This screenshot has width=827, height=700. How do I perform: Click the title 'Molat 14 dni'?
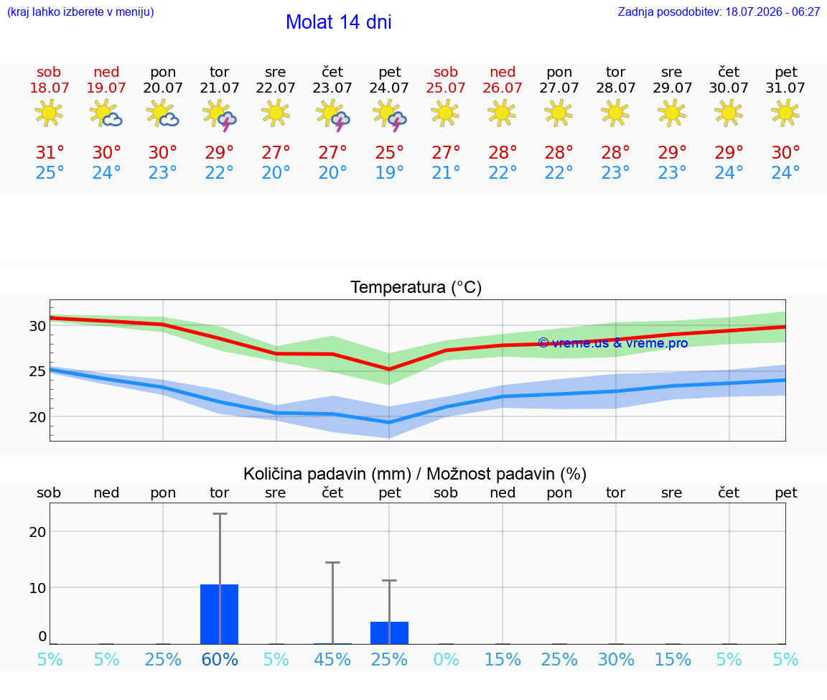[339, 22]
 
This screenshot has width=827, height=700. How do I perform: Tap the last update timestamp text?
[719, 11]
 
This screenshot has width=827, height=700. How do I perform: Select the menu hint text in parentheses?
[80, 11]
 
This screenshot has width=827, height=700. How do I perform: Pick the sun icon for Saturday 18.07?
[49, 113]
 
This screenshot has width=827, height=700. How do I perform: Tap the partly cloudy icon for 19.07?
[106, 113]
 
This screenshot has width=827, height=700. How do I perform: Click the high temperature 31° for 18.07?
[50, 152]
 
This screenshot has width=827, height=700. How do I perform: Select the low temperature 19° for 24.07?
[389, 172]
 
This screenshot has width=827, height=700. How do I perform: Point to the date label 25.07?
[446, 88]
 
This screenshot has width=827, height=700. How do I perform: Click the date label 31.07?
[785, 88]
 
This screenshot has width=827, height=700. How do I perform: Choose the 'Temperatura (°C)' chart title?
[416, 287]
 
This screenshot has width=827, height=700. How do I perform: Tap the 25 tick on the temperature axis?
[37, 371]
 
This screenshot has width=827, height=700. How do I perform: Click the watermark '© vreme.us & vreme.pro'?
[613, 343]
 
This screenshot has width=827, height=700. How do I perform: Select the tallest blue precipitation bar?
[220, 614]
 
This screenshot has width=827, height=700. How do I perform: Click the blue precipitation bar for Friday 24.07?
[389, 633]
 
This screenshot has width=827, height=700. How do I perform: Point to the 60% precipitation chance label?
[220, 660]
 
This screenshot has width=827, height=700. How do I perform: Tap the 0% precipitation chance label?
[446, 660]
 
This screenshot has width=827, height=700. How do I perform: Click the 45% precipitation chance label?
[332, 660]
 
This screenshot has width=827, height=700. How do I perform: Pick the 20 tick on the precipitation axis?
[37, 532]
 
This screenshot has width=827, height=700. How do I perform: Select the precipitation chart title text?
[415, 474]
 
